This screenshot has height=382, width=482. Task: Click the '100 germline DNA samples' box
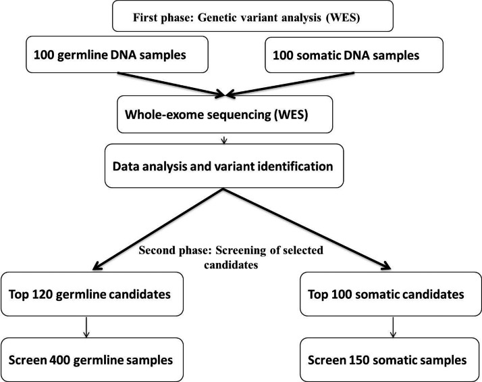click(117, 55)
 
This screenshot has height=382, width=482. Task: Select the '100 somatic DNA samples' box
click(354, 55)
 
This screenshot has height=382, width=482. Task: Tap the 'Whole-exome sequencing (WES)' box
click(225, 114)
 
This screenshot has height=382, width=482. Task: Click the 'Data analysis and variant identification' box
click(224, 166)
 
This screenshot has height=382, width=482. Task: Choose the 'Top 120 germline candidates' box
click(92, 294)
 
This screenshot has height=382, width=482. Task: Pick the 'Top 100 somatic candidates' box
click(391, 294)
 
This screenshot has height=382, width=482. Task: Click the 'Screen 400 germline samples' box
click(92, 360)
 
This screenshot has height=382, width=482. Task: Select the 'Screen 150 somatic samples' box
click(391, 360)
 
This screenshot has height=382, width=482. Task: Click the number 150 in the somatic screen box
click(360, 360)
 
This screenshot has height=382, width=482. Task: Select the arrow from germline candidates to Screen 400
click(86, 327)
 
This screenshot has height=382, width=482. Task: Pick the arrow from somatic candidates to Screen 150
click(393, 327)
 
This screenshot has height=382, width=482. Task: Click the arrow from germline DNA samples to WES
click(171, 85)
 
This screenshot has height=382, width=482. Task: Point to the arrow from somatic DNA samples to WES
click(290, 84)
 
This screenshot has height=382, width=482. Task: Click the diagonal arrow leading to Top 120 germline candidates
click(157, 229)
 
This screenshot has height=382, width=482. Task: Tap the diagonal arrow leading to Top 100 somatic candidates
click(306, 229)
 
